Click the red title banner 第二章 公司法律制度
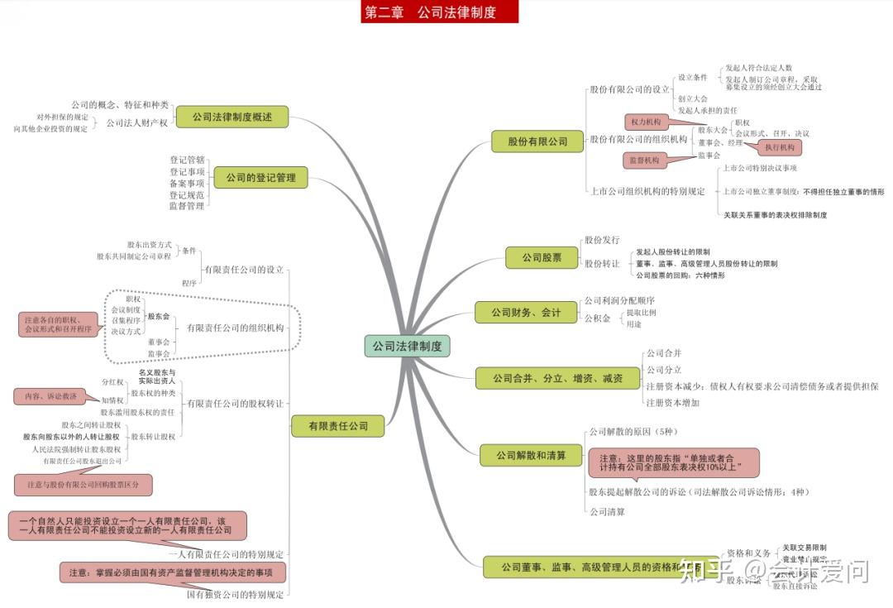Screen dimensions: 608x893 tap(439, 12)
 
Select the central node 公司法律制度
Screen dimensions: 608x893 tap(407, 346)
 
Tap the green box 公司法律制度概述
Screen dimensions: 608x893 tap(232, 117)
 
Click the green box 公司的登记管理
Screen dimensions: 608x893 tap(260, 177)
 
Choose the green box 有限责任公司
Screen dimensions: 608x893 tap(338, 427)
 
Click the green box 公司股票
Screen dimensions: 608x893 tap(542, 257)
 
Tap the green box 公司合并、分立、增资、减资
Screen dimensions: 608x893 tap(557, 379)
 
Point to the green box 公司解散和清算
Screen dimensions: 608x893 tap(531, 455)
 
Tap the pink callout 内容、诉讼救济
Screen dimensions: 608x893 tap(50, 396)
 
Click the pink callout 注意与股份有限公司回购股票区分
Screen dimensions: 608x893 tap(83, 484)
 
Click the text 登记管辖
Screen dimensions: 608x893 tap(187, 160)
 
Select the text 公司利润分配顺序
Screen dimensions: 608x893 tap(619, 300)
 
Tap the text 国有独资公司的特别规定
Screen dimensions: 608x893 tap(235, 594)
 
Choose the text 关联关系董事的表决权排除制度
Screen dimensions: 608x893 tap(775, 215)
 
